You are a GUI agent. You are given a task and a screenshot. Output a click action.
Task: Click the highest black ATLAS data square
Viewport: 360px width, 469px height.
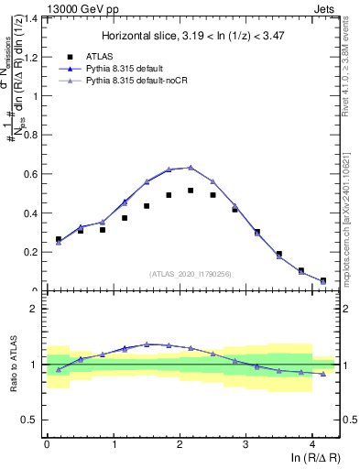click(191, 191)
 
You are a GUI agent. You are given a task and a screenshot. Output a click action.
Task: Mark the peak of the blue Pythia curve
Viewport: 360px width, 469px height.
click(191, 168)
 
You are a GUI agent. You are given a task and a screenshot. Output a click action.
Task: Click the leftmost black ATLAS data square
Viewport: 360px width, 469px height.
click(59, 239)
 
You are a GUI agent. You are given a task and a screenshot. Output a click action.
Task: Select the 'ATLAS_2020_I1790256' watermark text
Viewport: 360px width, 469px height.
click(191, 274)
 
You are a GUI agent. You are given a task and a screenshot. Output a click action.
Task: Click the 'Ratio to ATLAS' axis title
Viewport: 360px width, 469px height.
click(11, 365)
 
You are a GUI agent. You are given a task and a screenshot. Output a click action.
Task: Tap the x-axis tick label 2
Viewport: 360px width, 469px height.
click(180, 442)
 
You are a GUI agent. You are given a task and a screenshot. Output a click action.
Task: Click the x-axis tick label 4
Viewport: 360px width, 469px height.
click(312, 442)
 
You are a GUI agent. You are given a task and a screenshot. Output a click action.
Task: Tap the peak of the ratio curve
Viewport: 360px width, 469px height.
click(147, 344)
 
